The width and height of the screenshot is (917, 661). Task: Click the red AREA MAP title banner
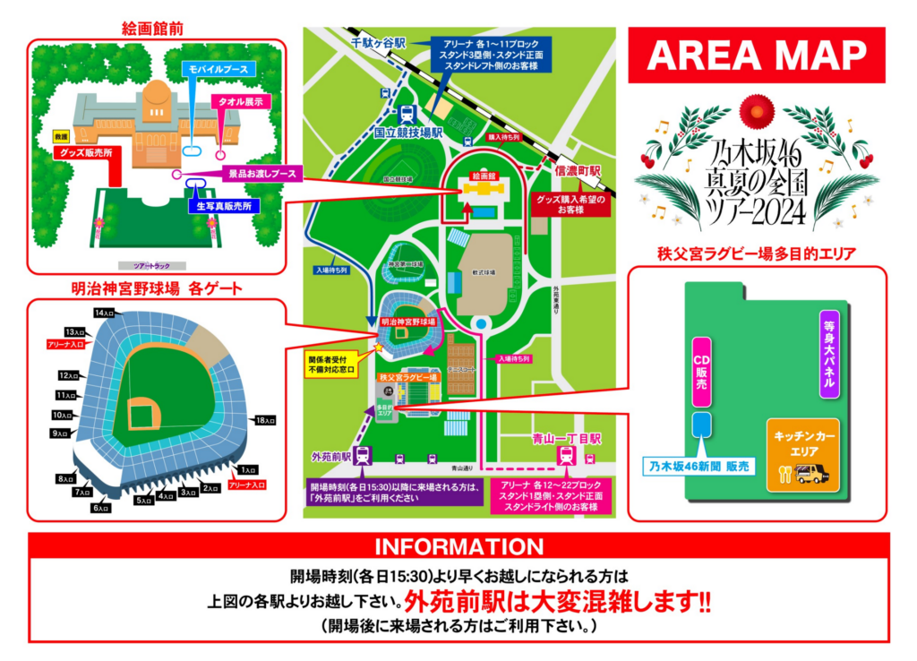(757, 56)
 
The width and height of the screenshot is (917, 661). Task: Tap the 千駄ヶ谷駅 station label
(378, 42)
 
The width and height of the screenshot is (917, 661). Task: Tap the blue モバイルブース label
(219, 69)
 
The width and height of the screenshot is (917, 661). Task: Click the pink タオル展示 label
(241, 101)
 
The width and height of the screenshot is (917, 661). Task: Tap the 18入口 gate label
(264, 420)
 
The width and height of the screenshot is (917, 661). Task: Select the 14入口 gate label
(105, 313)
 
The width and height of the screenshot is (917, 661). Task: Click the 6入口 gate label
(100, 509)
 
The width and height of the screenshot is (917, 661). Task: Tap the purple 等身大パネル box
(827, 354)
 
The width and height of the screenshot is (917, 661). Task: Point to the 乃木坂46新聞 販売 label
(699, 466)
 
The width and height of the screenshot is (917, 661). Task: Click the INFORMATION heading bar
(458, 546)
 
